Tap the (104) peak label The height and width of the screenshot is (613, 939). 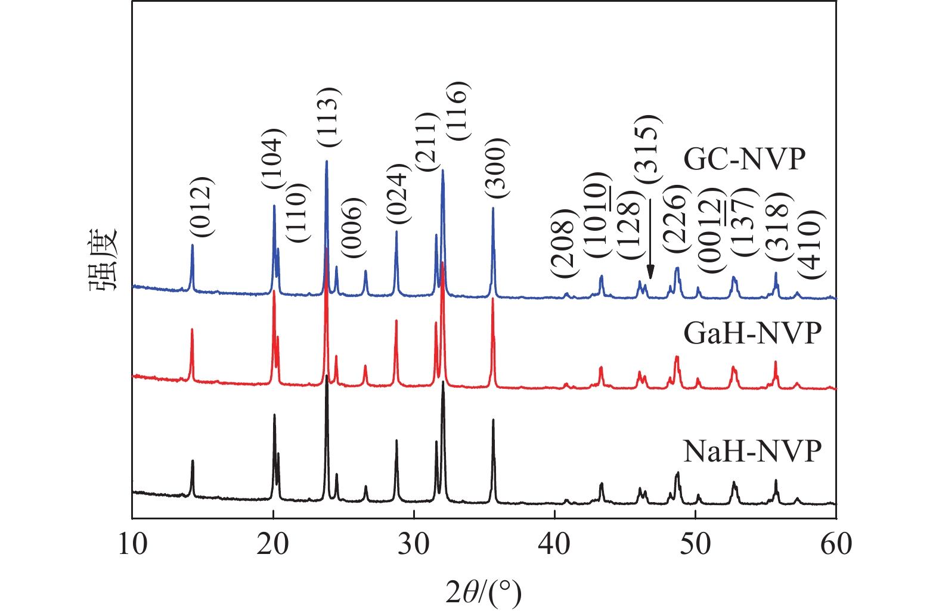tap(275, 159)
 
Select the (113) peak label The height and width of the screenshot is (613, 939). tap(328, 117)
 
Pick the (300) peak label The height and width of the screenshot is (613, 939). tap(496, 168)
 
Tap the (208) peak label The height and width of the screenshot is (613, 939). tap(563, 243)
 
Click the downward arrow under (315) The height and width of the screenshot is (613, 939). tap(650, 239)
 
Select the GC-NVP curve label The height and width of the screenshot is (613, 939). tap(744, 159)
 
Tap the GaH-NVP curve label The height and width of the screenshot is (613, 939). tap(752, 333)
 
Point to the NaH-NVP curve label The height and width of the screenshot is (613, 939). tap(752, 451)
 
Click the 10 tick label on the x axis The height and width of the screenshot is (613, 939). tap(132, 544)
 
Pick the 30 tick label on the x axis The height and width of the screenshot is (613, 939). tap(414, 544)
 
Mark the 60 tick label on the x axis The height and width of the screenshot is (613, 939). tap(836, 544)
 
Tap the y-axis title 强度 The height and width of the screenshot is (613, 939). tap(105, 260)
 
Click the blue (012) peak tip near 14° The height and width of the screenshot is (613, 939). tap(192, 245)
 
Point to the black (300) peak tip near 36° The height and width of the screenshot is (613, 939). tap(493, 420)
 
